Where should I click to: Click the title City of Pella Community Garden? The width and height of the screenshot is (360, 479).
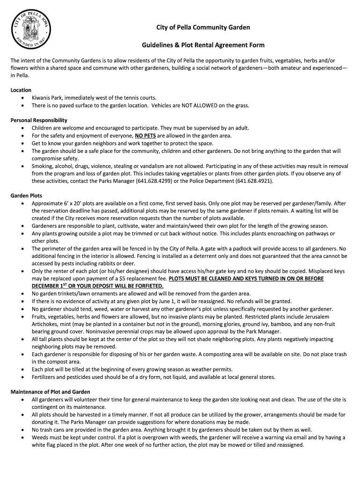pyautogui.click(x=203, y=28)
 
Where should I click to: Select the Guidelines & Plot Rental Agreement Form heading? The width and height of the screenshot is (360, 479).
pyautogui.click(x=203, y=45)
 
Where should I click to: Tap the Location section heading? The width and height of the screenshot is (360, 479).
pyautogui.click(x=21, y=90)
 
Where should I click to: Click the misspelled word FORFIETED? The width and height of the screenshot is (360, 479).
pyautogui.click(x=149, y=286)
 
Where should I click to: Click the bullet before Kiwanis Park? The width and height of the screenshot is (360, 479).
pyautogui.click(x=23, y=98)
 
